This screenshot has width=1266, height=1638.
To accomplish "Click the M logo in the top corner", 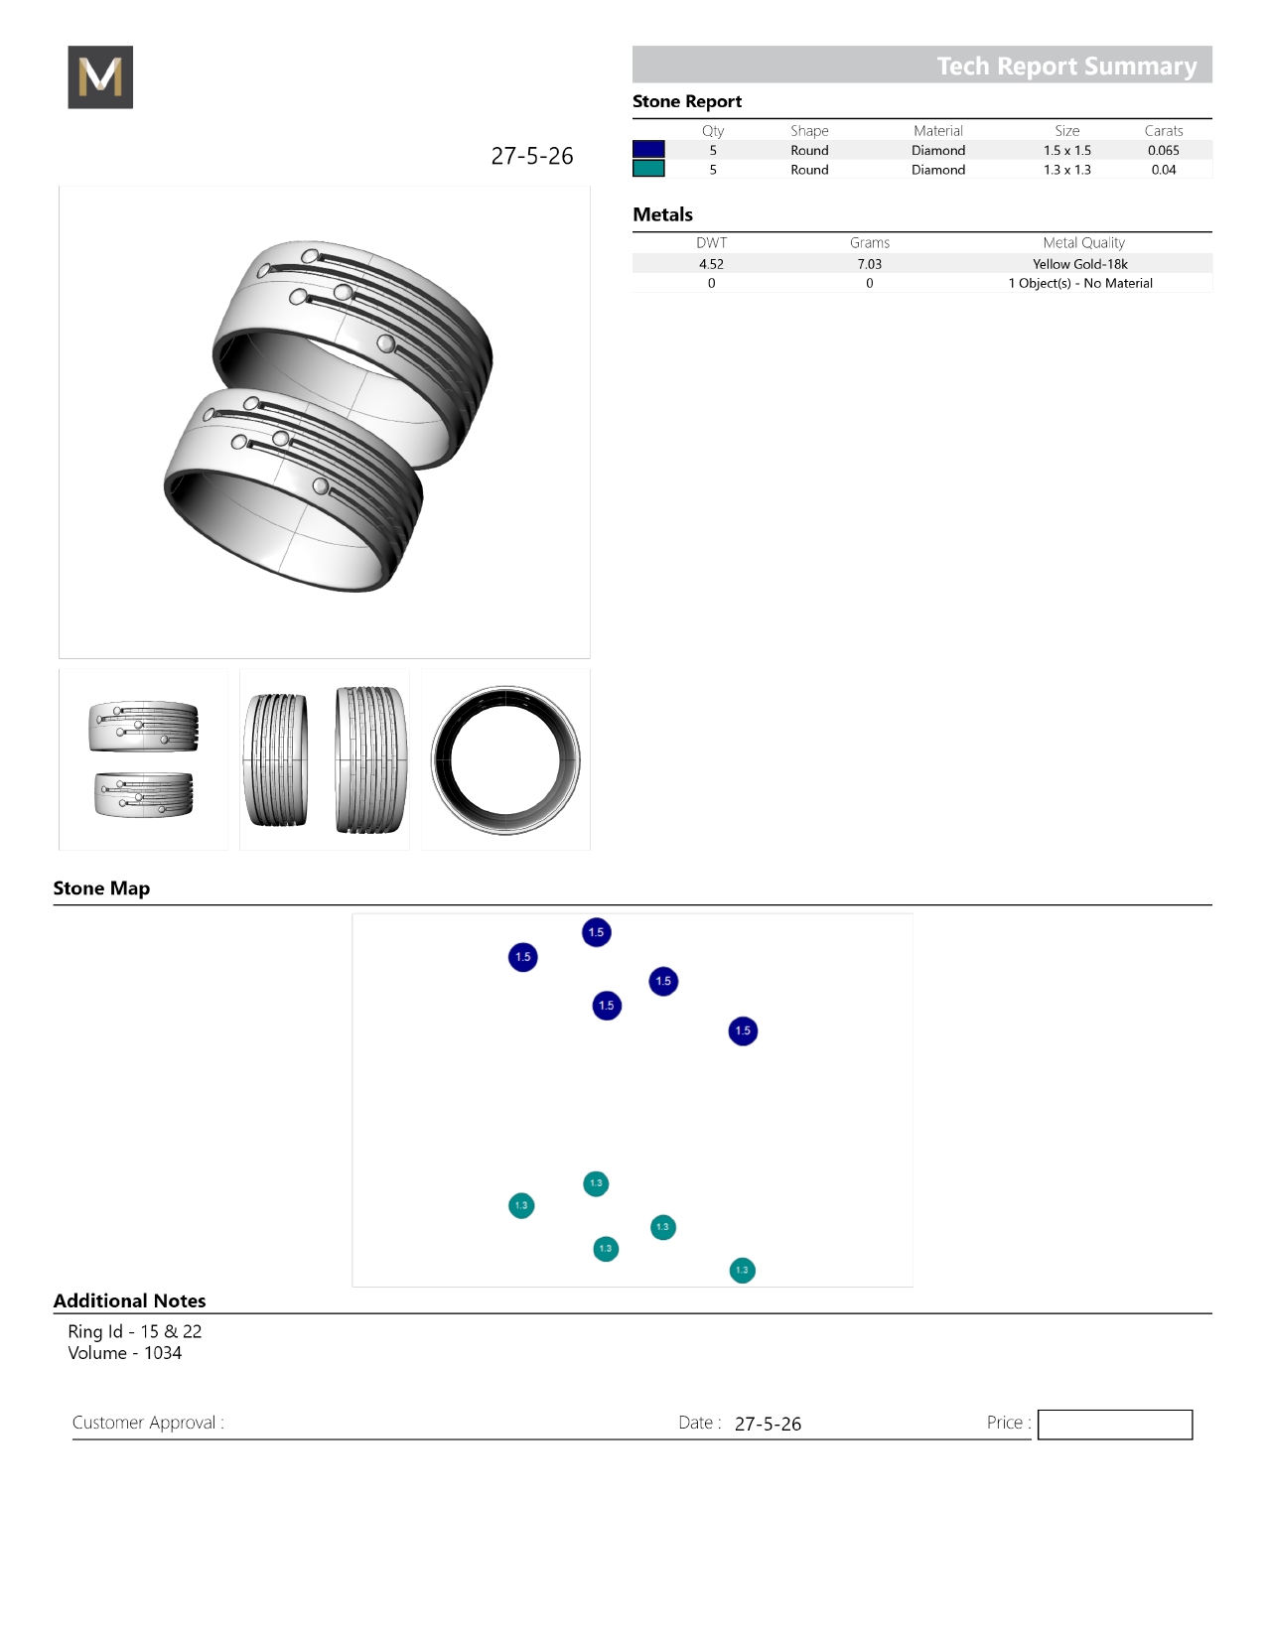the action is pyautogui.click(x=100, y=76).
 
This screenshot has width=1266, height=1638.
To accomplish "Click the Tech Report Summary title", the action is pyautogui.click(x=1066, y=67).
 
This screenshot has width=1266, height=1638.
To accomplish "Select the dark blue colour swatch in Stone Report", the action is pyautogui.click(x=648, y=149).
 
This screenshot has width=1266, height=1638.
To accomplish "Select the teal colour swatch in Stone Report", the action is pyautogui.click(x=648, y=169).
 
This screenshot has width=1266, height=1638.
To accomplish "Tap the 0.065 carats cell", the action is pyautogui.click(x=1163, y=150).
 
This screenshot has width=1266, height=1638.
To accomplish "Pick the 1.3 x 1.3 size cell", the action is pyautogui.click(x=1066, y=170).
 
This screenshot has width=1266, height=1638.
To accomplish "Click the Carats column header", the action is pyautogui.click(x=1163, y=130).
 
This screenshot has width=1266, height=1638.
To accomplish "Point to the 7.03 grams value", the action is pyautogui.click(x=869, y=264).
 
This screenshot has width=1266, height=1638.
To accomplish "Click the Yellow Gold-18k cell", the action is pyautogui.click(x=1079, y=264).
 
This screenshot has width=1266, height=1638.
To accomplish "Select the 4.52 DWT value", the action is pyautogui.click(x=711, y=264).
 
